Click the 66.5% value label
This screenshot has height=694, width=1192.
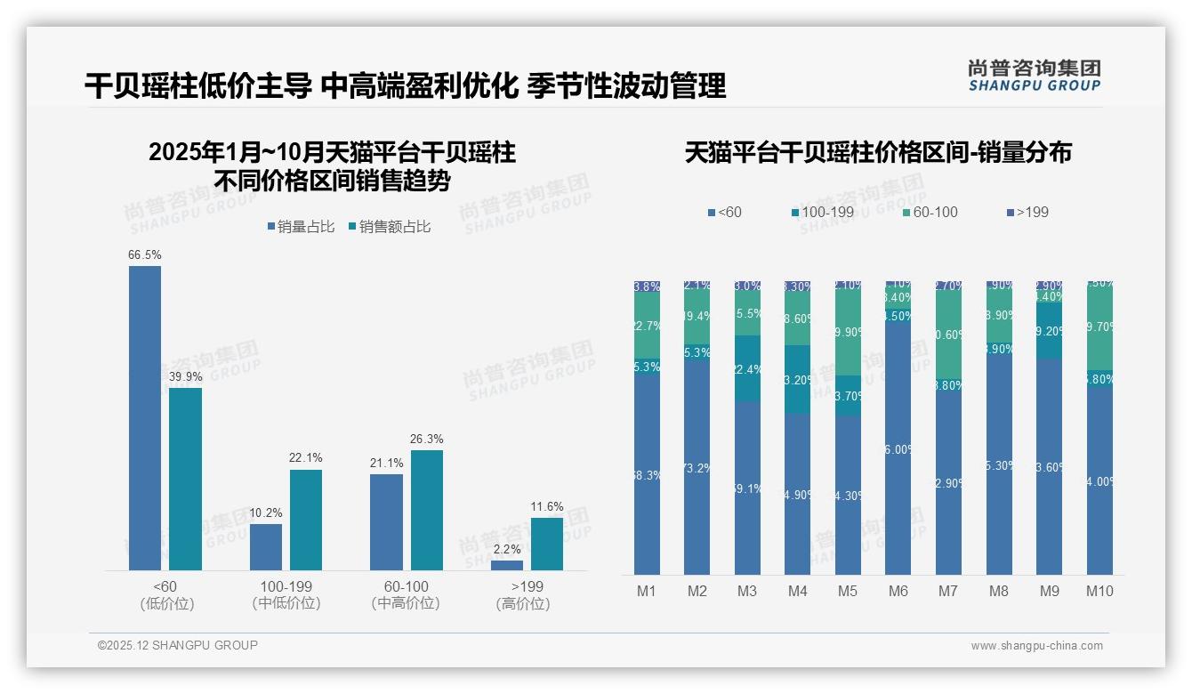145,255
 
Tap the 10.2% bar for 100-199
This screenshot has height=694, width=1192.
266,547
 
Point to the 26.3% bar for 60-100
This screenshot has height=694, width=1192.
427,510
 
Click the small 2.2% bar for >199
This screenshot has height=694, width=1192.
507,565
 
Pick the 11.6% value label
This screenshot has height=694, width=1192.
547,507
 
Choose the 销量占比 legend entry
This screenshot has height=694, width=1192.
301,227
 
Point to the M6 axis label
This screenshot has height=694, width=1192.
898,591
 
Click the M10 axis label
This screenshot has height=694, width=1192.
1099,591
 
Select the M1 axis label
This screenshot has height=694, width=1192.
647,591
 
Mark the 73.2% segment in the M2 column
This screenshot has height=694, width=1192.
697,467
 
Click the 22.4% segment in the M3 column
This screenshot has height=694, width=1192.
747,368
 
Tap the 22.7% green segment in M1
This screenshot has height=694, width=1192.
647,326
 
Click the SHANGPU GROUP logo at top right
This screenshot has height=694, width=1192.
1034,76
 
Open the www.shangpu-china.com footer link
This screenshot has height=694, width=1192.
1036,646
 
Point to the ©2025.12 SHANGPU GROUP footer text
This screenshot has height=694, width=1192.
178,645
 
